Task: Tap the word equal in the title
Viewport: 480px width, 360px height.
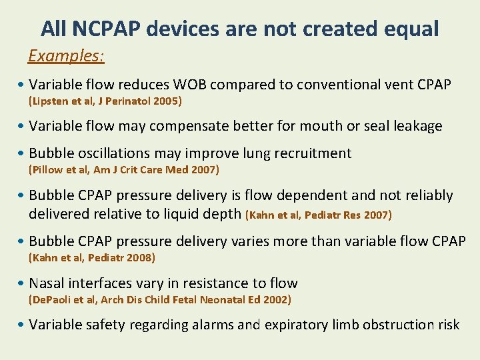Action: [x=410, y=29]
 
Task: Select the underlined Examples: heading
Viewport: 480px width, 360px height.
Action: [x=66, y=55]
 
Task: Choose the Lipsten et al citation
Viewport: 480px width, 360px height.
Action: [x=105, y=101]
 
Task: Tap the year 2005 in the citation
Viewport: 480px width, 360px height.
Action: [x=167, y=101]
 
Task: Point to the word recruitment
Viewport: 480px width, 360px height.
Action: [x=308, y=153]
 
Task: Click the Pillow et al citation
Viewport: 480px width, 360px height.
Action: [x=123, y=169]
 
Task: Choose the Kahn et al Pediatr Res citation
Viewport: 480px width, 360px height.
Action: [x=319, y=215]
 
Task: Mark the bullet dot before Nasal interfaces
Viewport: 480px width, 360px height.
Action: [x=23, y=284]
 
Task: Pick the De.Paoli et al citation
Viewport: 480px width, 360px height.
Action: [x=159, y=300]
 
